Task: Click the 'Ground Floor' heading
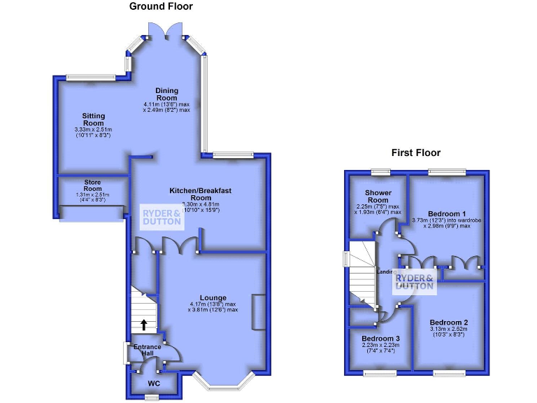click(x=161, y=6)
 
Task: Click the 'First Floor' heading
click(x=417, y=153)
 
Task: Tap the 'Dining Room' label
click(x=166, y=94)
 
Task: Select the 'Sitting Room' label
click(x=94, y=120)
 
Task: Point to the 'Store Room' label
click(x=93, y=185)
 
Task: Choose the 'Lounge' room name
click(x=213, y=297)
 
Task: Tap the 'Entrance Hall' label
click(x=148, y=351)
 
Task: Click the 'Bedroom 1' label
click(x=447, y=213)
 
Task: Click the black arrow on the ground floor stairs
click(x=144, y=324)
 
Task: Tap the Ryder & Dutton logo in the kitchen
click(x=162, y=216)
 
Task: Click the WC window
click(x=150, y=397)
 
